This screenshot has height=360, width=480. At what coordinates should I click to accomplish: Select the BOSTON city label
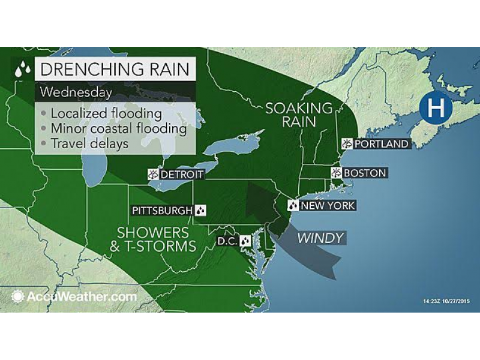click(x=364, y=173)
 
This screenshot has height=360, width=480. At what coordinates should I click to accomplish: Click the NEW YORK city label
click(x=328, y=206)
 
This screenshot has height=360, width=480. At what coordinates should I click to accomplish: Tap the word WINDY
click(x=321, y=238)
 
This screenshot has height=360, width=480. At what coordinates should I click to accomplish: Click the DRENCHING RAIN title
click(x=115, y=68)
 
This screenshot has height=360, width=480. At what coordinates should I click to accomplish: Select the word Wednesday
click(x=76, y=93)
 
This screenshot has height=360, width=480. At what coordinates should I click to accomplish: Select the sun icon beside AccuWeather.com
click(x=17, y=296)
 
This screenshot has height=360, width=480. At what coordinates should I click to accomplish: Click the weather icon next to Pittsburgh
click(x=201, y=211)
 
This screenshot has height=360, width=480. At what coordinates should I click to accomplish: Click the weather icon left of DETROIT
click(x=155, y=175)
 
